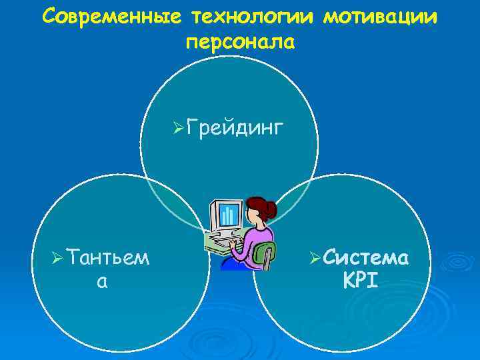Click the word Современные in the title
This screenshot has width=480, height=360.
[x=109, y=17]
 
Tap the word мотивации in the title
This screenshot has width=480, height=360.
[x=381, y=17]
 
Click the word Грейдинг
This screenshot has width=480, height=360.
[x=237, y=126]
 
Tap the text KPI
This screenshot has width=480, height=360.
[x=360, y=280]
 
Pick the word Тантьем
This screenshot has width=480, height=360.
[x=107, y=257]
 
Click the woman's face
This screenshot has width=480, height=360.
[x=251, y=216]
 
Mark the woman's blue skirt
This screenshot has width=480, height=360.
[x=233, y=264]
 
